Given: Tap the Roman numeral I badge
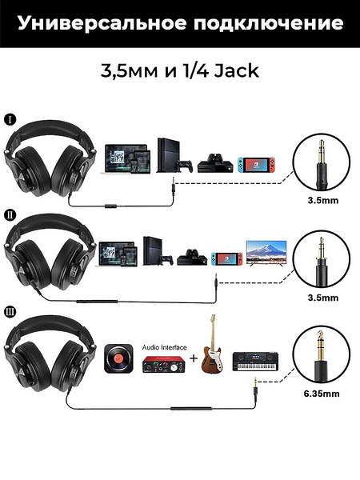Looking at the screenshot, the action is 10,119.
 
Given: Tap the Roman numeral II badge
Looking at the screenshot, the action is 10,215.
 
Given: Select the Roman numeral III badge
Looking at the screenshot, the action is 10,312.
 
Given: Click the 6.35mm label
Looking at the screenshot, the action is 322,394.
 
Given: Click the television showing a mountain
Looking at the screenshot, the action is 266,253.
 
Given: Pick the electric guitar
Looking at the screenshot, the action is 212,344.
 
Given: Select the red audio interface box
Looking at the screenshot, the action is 163,365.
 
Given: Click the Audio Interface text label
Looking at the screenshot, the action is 164,347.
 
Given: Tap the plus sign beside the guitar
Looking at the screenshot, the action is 194,358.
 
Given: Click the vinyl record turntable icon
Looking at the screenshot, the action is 118,358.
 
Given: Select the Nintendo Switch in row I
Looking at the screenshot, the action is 257,165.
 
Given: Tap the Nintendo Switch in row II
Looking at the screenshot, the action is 226,258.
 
